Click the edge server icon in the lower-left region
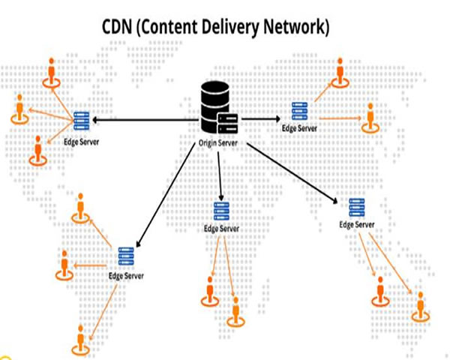124,258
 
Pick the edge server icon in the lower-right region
356,207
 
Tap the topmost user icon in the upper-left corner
51,73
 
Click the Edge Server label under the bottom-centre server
221,229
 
